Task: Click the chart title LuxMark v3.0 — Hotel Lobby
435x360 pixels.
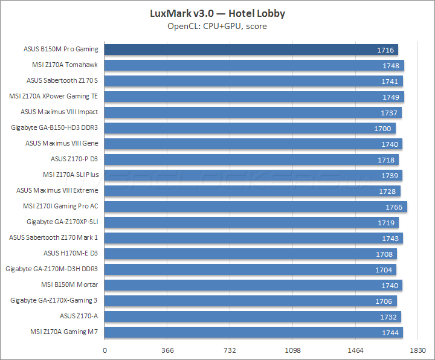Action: coord(217,13)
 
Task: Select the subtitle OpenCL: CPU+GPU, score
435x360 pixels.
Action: coord(217,26)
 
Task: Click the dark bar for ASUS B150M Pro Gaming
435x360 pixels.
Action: coord(251,50)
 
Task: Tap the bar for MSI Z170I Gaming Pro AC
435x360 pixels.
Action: coord(256,207)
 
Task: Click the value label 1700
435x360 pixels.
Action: coord(382,129)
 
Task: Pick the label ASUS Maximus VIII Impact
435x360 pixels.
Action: coord(59,112)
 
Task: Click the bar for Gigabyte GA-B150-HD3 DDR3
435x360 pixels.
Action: coord(250,128)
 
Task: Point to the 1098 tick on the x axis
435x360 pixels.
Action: coord(292,350)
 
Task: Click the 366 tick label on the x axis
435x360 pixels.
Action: coord(168,350)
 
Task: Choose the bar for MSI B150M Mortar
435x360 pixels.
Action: coord(253,285)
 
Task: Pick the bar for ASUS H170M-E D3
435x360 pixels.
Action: coord(251,254)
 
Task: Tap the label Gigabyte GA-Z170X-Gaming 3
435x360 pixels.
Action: coord(54,300)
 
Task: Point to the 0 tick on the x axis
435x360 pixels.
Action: coord(105,350)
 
